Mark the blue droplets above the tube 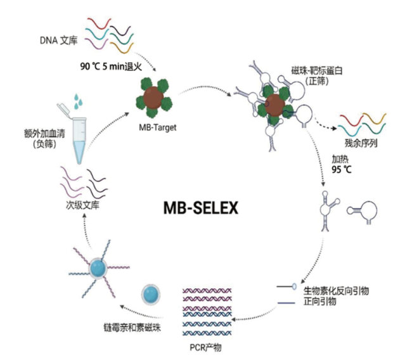(79, 100)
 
